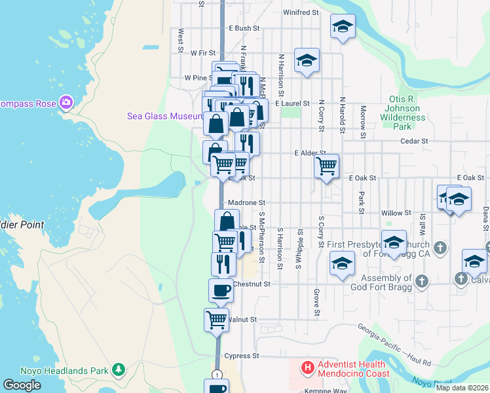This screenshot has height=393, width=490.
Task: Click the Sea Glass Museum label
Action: (x=163, y=116)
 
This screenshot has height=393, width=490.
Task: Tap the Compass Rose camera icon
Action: (x=66, y=103)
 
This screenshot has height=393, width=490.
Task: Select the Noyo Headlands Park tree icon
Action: (x=118, y=370)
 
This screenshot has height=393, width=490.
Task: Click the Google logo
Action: (x=22, y=385)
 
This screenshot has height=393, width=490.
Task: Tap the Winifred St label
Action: (x=301, y=12)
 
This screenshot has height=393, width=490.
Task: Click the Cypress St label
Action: (x=242, y=356)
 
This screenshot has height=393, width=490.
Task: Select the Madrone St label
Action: (x=247, y=203)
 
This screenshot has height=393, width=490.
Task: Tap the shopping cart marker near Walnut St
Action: (x=216, y=320)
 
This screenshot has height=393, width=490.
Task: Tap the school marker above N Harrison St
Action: (x=307, y=61)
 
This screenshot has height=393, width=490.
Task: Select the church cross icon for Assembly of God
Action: (x=421, y=280)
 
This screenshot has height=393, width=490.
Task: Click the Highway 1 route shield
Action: (x=217, y=373)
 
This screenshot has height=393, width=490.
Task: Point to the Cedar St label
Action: (x=414, y=141)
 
